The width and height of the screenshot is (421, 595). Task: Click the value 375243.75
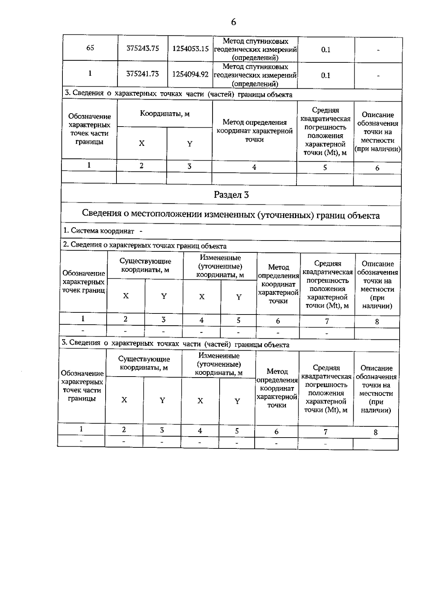(x=142, y=48)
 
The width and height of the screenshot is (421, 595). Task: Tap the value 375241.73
(x=142, y=74)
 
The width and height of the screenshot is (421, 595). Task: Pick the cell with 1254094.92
(x=191, y=75)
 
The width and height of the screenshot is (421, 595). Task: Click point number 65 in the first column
(x=90, y=48)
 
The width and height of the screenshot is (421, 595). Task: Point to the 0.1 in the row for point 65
(x=326, y=49)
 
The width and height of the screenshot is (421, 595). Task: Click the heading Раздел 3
(x=231, y=195)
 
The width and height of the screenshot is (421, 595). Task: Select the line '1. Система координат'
(x=99, y=231)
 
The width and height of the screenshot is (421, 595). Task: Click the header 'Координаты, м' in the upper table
(x=165, y=114)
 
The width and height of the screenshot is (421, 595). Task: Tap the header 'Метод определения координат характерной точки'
(x=254, y=131)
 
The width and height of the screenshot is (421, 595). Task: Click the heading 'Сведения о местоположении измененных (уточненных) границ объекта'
(x=230, y=215)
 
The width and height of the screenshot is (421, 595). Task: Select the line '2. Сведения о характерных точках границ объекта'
(x=145, y=245)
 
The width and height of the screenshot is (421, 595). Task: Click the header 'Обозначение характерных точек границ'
(x=83, y=282)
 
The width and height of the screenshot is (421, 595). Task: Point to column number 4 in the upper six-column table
(x=254, y=167)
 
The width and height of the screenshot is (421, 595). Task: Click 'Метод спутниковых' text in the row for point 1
(x=255, y=67)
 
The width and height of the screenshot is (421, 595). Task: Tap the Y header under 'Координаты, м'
(x=189, y=144)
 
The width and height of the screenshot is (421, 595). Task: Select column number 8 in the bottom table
(x=375, y=432)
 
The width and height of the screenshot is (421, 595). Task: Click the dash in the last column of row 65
(x=378, y=50)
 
